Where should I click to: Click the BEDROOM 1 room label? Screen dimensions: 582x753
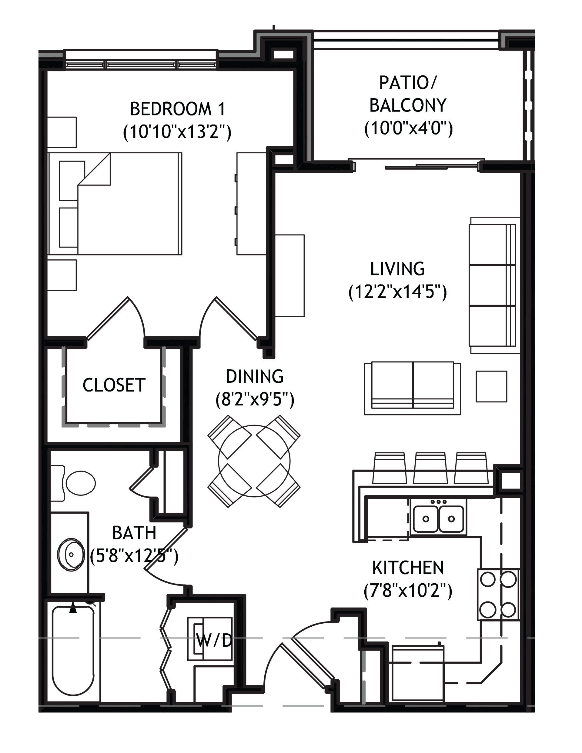[x=178, y=109]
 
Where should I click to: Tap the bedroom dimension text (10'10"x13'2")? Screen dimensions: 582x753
[x=177, y=132]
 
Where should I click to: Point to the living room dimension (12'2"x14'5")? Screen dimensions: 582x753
[x=398, y=293]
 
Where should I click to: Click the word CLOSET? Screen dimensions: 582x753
[x=114, y=385]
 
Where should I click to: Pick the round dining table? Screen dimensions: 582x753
[x=254, y=461]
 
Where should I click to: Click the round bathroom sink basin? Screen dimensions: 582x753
[x=71, y=555]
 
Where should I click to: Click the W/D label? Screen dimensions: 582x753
[x=214, y=641]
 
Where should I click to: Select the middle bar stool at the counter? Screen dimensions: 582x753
[x=430, y=468]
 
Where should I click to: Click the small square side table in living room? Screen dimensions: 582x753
[x=492, y=386]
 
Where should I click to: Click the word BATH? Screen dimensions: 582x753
[x=135, y=533]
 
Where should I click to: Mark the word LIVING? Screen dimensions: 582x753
[x=397, y=269]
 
